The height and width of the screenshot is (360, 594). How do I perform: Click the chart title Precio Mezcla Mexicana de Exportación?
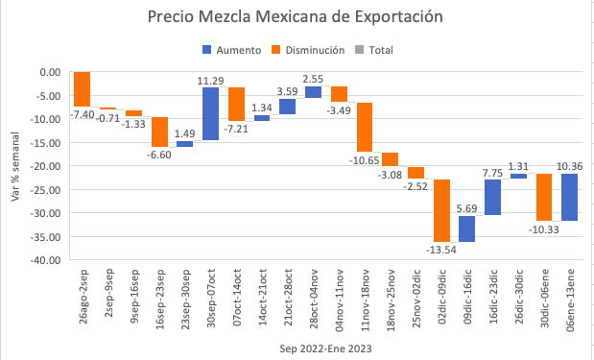coord(296,17)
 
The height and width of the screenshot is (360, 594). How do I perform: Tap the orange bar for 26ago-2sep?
coord(82,89)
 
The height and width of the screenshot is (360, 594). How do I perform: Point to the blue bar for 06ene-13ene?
coord(570,197)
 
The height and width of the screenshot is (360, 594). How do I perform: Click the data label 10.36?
coord(570,165)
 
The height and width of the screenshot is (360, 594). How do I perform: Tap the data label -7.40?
coord(82,114)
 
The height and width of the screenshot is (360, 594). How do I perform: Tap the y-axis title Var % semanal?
coord(13,165)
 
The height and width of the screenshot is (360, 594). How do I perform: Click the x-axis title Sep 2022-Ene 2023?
coord(324,347)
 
